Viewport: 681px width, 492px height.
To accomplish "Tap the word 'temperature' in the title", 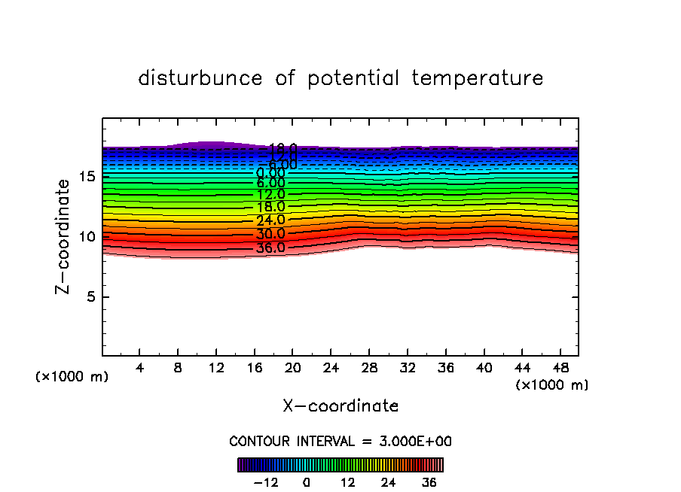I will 477,78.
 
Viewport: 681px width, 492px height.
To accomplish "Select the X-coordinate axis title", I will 340,406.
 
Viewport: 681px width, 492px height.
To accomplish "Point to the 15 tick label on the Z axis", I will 86,177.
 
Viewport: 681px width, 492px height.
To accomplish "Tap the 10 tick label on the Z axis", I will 86,237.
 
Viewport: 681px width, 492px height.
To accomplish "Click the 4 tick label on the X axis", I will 140,368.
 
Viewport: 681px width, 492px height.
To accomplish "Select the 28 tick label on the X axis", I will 368,368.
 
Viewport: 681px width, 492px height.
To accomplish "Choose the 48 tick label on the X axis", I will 559,368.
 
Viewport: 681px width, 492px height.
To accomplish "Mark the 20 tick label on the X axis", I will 292,368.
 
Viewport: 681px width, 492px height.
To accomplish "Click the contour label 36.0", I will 270,248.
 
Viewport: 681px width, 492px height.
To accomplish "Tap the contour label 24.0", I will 270,220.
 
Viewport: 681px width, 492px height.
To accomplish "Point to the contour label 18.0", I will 270,207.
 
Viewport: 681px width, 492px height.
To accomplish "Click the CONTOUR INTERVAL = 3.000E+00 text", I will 340,442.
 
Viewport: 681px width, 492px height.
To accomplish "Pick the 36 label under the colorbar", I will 428,482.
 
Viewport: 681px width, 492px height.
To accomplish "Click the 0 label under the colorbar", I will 307,482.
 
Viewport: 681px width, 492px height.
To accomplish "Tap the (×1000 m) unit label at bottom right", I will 552,385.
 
